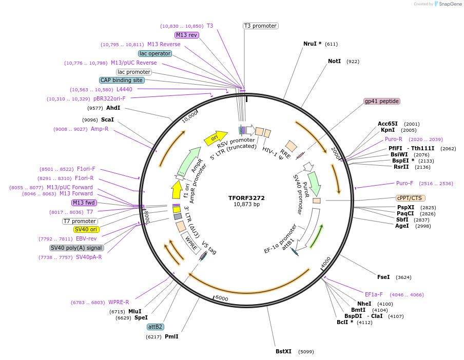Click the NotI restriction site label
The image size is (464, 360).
[334, 61]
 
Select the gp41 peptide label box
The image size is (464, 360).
[382, 101]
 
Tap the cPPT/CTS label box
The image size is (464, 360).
[411, 198]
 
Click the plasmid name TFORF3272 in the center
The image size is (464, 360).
[247, 197]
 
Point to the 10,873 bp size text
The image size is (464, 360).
[247, 204]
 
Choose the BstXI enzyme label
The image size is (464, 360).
[283, 351]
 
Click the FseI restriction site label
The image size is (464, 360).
[383, 277]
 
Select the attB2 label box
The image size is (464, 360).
[155, 327]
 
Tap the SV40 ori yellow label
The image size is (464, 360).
[87, 229]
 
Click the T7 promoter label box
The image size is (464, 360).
[80, 221]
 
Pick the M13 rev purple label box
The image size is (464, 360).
[186, 35]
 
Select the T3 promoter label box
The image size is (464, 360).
[260, 26]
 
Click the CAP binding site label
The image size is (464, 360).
[122, 80]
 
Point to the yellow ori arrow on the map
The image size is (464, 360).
[215, 137]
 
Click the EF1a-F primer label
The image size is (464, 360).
[374, 294]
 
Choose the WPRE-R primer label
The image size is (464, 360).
[118, 302]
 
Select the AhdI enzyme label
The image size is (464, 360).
[113, 108]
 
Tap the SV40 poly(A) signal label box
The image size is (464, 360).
[76, 248]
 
